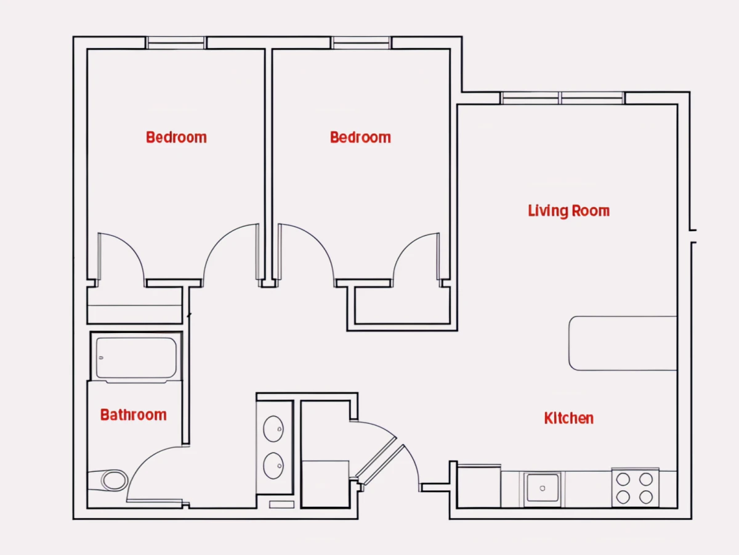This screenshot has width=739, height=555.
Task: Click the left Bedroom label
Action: (176, 138)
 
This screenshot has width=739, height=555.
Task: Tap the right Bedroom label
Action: (360, 138)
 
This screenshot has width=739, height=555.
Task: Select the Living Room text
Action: (568, 212)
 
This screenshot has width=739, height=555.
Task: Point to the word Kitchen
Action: (568, 418)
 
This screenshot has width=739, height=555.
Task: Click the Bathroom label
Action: (133, 415)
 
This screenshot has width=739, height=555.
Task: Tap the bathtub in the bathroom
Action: (136, 358)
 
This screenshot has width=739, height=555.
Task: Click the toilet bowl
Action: (115, 480)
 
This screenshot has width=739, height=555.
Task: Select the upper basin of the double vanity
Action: (273, 429)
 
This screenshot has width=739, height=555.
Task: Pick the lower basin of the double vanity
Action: (273, 466)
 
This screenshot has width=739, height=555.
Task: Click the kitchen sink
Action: (542, 488)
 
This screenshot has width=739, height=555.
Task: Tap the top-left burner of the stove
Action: (623, 479)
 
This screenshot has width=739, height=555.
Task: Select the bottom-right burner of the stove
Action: (646, 497)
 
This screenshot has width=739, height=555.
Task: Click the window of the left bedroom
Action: (176, 43)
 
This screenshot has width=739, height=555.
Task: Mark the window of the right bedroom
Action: (361, 43)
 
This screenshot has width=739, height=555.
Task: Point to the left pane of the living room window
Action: (530, 98)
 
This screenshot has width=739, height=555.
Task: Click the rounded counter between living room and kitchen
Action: (623, 343)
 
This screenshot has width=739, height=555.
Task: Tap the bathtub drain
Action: (102, 358)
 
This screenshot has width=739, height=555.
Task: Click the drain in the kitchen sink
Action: (542, 488)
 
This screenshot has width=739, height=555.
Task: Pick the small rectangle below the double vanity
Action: (282, 504)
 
